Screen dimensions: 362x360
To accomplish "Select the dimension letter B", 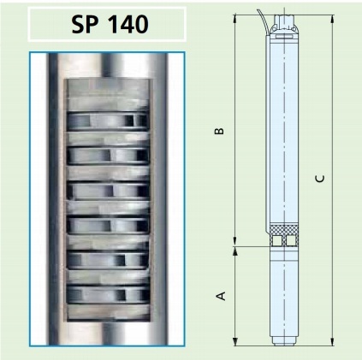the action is (219, 131).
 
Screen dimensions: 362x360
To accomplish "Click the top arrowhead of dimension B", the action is (234, 19).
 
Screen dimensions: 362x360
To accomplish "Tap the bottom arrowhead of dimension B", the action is (234, 241).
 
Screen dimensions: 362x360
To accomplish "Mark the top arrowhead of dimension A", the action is (234, 251).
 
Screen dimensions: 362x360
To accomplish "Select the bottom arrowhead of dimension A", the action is (234, 341).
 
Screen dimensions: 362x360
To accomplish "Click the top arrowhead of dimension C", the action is (332, 19).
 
